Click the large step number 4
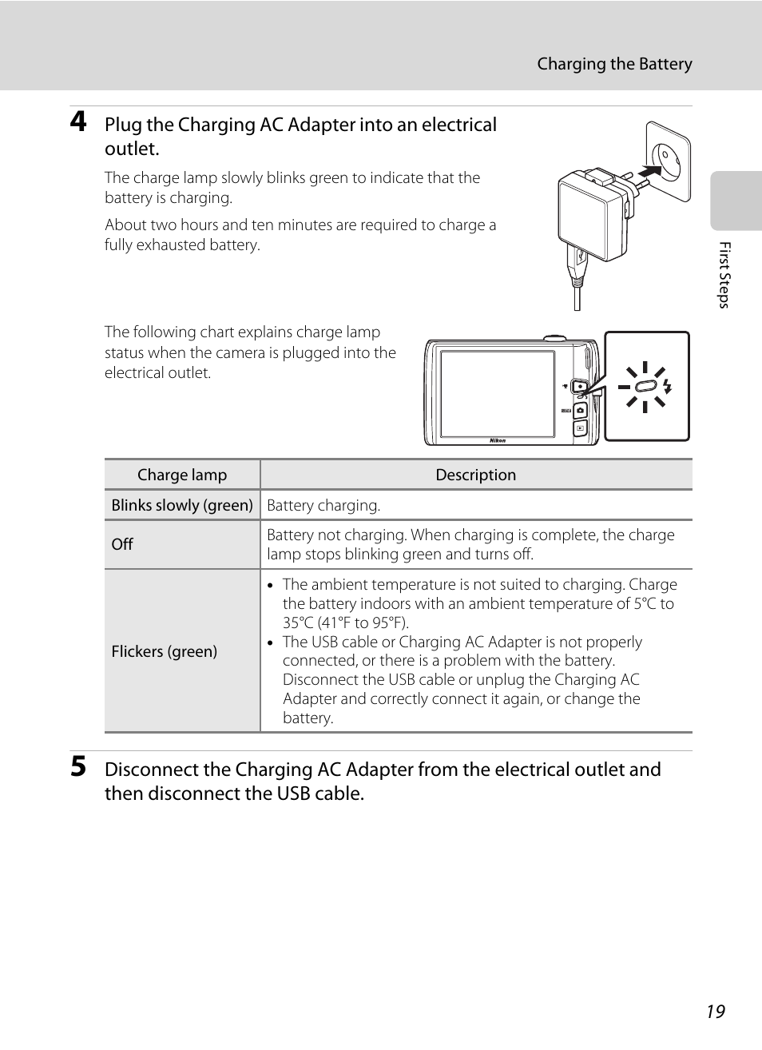pyautogui.click(x=78, y=121)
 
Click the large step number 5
pyautogui.click(x=78, y=766)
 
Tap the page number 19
pyautogui.click(x=715, y=1012)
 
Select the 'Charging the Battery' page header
pyautogui.click(x=614, y=64)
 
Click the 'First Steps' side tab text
pyautogui.click(x=724, y=275)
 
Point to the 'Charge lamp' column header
pyautogui.click(x=182, y=475)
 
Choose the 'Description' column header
pyautogui.click(x=476, y=475)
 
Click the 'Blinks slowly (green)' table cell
pyautogui.click(x=182, y=505)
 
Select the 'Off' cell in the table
pyautogui.click(x=122, y=544)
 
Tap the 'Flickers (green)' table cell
pyautogui.click(x=165, y=651)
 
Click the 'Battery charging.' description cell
pyautogui.click(x=323, y=505)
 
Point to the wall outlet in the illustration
pyautogui.click(x=668, y=161)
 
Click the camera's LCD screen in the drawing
pyautogui.click(x=497, y=393)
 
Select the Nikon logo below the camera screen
pyautogui.click(x=498, y=440)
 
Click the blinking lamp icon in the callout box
pyautogui.click(x=645, y=388)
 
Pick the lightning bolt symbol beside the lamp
pyautogui.click(x=667, y=387)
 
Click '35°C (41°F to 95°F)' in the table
pyautogui.click(x=345, y=622)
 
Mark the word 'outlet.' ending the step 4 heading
pyautogui.click(x=132, y=149)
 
